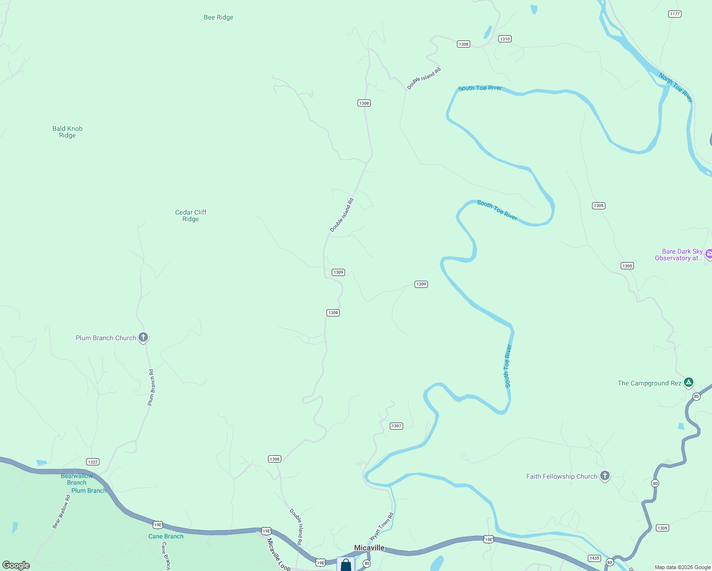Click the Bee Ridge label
[218, 18]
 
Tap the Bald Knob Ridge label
[68, 132]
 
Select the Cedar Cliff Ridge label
[190, 216]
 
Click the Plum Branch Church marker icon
[143, 337]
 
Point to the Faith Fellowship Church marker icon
[604, 476]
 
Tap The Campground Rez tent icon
[688, 382]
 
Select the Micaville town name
[369, 548]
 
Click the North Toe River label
[675, 87]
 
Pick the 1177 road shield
[675, 14]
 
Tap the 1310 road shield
[505, 39]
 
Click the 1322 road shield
[93, 462]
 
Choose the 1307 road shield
[396, 426]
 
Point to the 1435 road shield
[594, 558]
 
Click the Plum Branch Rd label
[151, 387]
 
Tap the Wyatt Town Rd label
[382, 526]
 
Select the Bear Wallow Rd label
[61, 512]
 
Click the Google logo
[16, 565]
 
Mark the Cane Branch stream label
[166, 536]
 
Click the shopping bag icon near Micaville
[346, 565]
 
